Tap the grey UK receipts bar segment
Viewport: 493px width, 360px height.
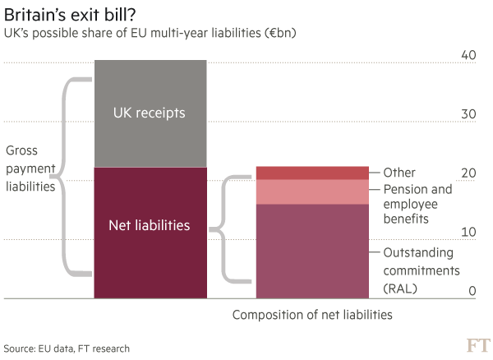150,113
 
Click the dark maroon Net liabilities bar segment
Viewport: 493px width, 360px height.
150,232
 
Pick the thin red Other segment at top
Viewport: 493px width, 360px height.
312,173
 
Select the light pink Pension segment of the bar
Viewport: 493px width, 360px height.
312,192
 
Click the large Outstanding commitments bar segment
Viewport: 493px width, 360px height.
312,251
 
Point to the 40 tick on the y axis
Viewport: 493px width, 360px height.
468,55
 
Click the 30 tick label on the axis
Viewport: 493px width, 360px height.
468,114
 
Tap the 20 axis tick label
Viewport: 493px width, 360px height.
468,173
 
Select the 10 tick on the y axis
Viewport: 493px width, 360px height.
468,233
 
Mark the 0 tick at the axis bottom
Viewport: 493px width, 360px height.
472,291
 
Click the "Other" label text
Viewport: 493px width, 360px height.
399,173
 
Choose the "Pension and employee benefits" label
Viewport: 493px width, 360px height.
417,204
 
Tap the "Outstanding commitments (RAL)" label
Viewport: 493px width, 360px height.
422,270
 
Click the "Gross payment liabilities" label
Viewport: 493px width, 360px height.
31,169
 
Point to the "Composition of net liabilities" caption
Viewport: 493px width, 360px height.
312,315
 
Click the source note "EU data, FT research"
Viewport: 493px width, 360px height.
67,348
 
